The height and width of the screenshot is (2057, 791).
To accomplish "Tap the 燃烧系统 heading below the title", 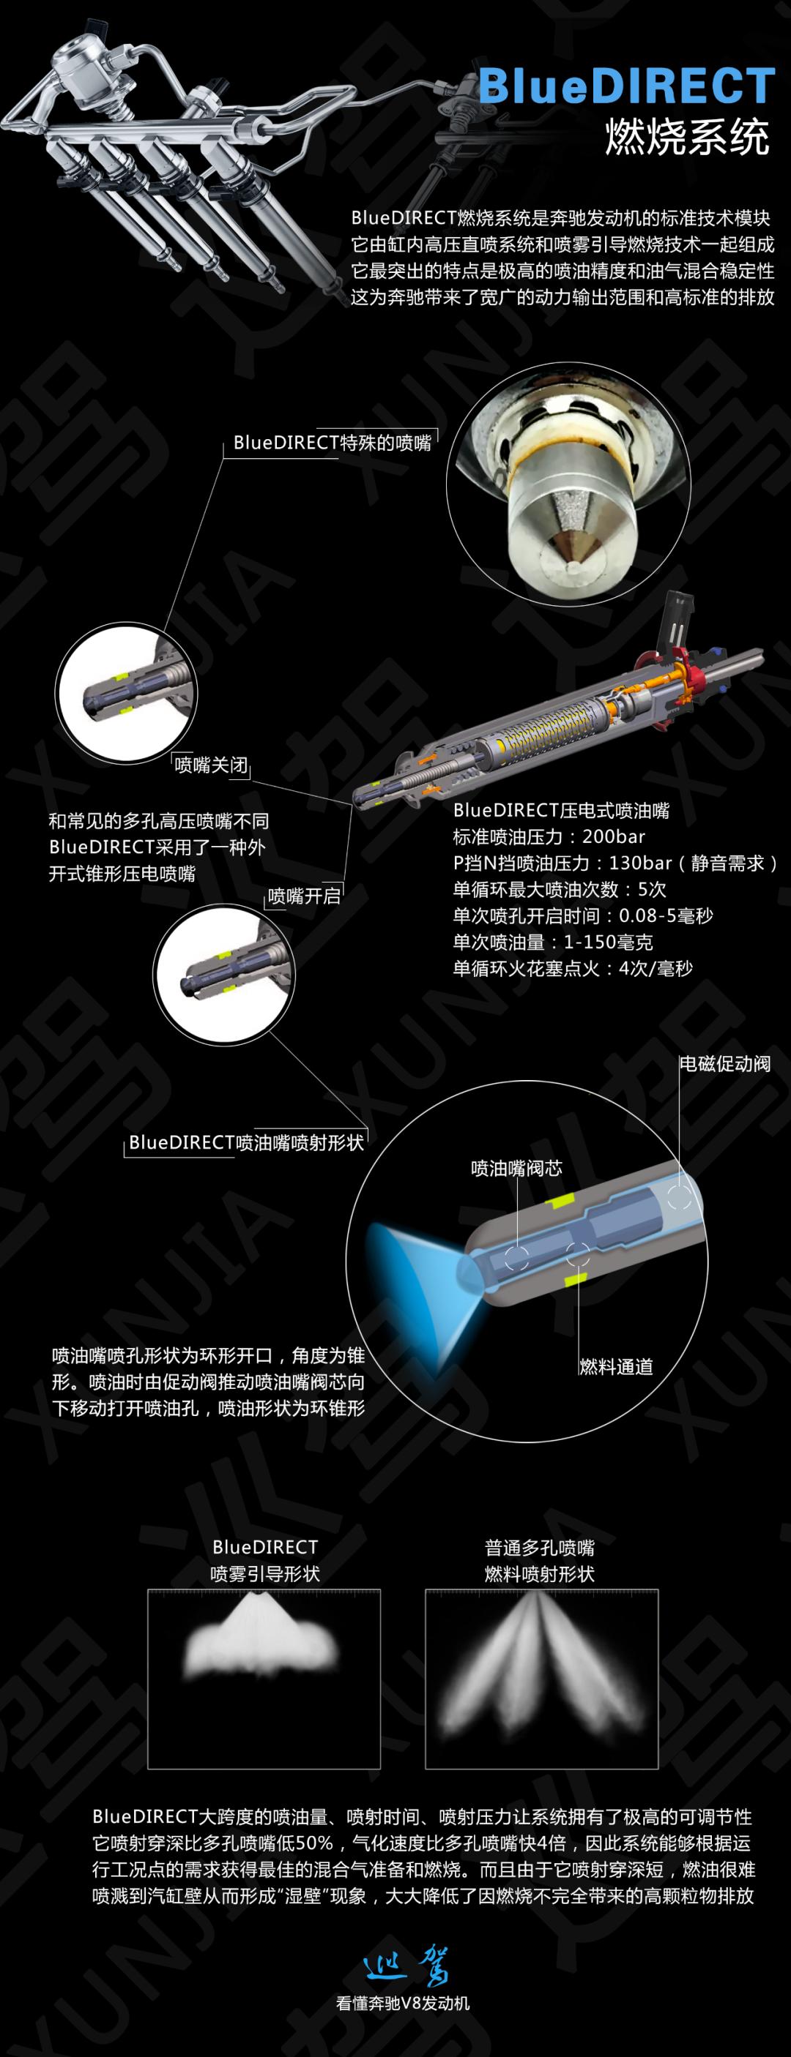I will [687, 137].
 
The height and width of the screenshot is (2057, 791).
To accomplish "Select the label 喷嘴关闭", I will [211, 765].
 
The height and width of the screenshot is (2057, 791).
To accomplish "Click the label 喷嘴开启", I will [304, 896].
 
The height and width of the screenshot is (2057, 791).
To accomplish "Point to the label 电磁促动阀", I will [724, 1064].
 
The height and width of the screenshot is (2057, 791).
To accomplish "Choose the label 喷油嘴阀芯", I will [516, 1168].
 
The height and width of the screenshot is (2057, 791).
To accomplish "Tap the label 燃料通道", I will [616, 1366].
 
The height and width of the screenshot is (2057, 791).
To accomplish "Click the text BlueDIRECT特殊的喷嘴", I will [333, 443].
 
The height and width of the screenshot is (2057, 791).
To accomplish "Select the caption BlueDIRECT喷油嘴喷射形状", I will [246, 1142].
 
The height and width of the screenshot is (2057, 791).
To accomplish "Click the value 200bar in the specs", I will [614, 837].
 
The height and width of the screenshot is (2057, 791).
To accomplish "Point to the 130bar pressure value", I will [640, 863].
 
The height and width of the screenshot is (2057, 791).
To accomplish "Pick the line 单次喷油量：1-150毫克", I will [553, 943].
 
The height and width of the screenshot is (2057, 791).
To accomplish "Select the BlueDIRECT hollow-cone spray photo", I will [264, 1644].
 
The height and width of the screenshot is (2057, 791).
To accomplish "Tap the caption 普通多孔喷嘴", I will [539, 1548].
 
